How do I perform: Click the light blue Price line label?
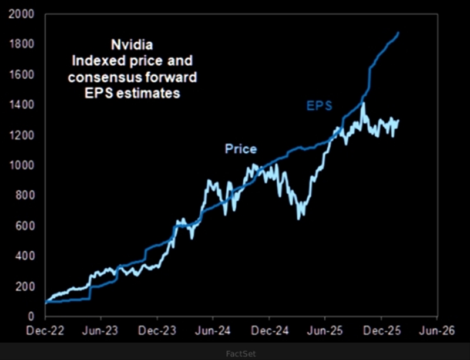(241, 149)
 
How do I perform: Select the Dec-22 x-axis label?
(45, 331)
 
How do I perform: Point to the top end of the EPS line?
(399, 32)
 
